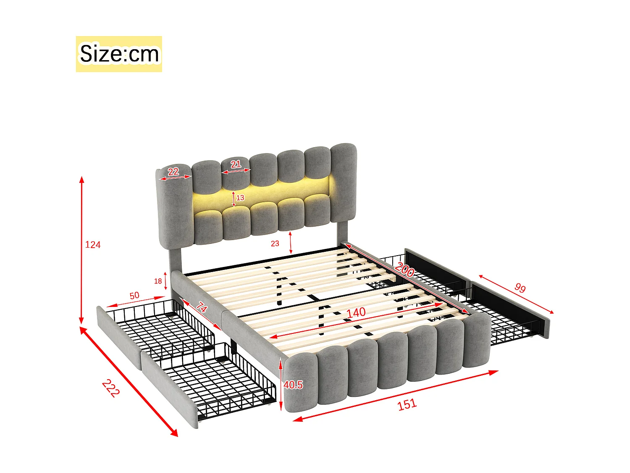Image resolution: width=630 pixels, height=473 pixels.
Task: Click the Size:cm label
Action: (x=119, y=54)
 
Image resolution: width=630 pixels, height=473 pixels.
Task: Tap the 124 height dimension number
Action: (x=93, y=245)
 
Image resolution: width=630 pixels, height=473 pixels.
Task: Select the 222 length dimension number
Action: (x=111, y=388)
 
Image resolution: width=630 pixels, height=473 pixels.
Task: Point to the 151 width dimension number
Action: (x=407, y=404)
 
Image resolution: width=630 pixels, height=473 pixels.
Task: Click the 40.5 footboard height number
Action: (x=293, y=385)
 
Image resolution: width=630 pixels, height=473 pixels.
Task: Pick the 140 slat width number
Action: (x=356, y=313)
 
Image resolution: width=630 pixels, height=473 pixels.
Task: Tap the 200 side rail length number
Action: (x=404, y=270)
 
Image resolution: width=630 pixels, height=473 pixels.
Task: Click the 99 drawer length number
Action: (x=520, y=288)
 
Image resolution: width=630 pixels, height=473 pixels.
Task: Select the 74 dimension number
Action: (x=202, y=307)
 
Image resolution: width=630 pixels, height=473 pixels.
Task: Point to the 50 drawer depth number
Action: (x=134, y=296)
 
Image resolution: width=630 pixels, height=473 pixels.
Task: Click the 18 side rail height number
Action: (x=158, y=281)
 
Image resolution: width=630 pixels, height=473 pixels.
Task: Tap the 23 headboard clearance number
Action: (x=275, y=243)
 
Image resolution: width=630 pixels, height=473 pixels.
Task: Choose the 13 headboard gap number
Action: (x=240, y=198)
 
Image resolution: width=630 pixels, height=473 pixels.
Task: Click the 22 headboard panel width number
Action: (x=173, y=172)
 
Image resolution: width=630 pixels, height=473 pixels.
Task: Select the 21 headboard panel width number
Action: (x=236, y=164)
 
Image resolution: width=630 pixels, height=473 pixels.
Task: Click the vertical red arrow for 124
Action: (x=82, y=250)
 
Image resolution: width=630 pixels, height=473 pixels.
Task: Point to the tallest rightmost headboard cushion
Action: (x=343, y=181)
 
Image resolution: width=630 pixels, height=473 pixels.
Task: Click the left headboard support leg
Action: (x=174, y=260)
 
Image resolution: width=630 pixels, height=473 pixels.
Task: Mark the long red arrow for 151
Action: (x=395, y=395)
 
